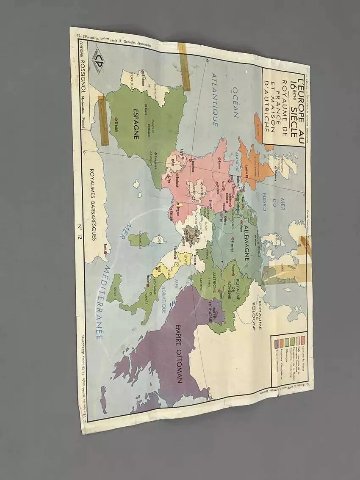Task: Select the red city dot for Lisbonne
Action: click(x=144, y=72)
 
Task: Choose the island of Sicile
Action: click(x=114, y=289)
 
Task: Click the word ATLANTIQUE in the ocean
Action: click(x=214, y=99)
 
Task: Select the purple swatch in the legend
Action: click(x=276, y=342)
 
